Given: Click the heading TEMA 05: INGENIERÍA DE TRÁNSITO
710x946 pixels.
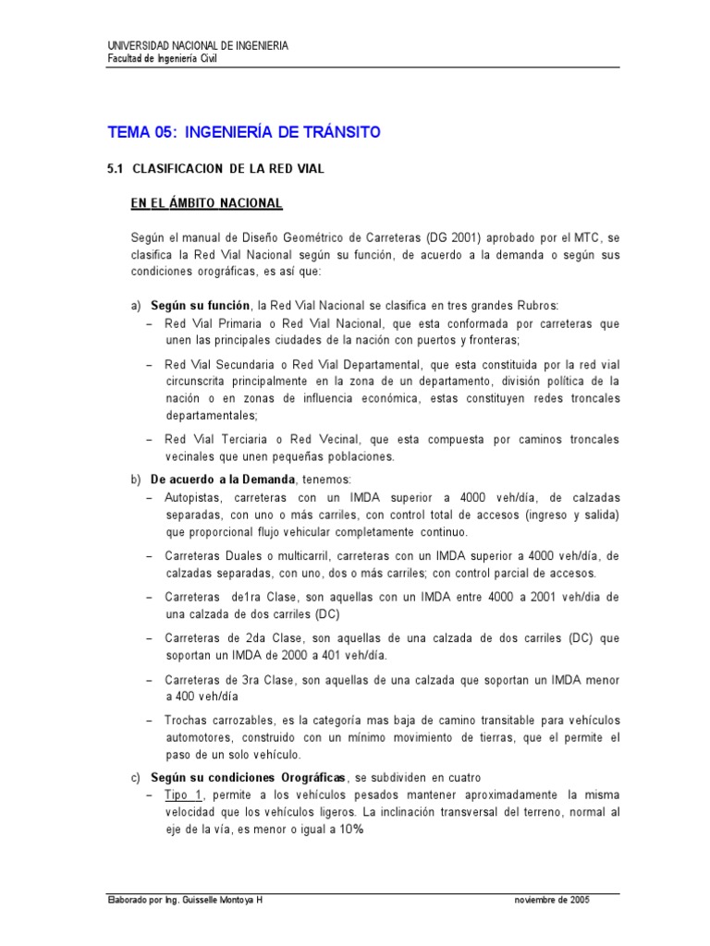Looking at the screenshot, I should (x=244, y=132).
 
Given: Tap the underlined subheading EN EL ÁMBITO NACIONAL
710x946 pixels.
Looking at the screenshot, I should (x=207, y=202).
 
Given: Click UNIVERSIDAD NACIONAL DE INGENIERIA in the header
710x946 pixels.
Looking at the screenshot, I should (x=198, y=45).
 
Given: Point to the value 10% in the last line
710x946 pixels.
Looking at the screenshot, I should (x=351, y=830).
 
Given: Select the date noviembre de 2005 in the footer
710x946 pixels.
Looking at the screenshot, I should (x=553, y=899).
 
